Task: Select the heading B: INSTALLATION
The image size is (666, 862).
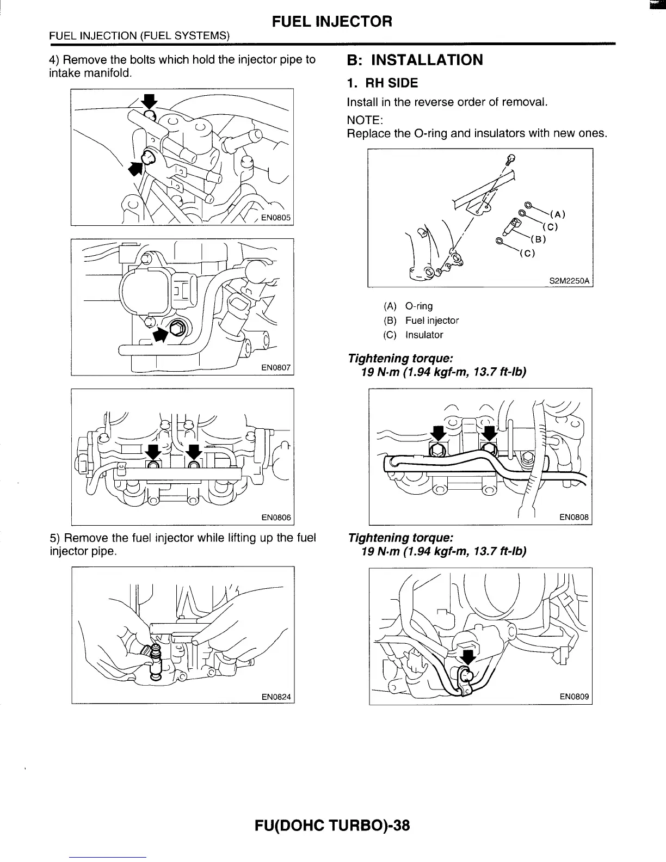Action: pyautogui.click(x=415, y=60)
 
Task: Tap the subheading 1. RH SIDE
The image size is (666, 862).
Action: pyautogui.click(x=383, y=83)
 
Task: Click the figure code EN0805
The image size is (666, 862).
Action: pyautogui.click(x=276, y=218)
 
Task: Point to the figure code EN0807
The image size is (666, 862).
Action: pyautogui.click(x=276, y=368)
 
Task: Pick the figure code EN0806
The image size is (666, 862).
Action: pyautogui.click(x=276, y=518)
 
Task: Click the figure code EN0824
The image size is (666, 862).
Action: pyautogui.click(x=276, y=697)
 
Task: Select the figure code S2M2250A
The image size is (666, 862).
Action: pyautogui.click(x=569, y=281)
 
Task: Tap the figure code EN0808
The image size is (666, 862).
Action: pyautogui.click(x=574, y=518)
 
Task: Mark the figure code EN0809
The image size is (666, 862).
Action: pyautogui.click(x=574, y=697)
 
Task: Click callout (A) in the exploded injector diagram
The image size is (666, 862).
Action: pyautogui.click(x=558, y=213)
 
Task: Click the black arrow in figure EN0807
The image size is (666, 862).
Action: pyautogui.click(x=161, y=335)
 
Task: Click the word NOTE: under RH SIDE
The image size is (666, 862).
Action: pyautogui.click(x=365, y=119)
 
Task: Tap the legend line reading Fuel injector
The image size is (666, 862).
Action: pyautogui.click(x=431, y=321)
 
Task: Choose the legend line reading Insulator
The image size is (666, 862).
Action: pyautogui.click(x=424, y=335)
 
